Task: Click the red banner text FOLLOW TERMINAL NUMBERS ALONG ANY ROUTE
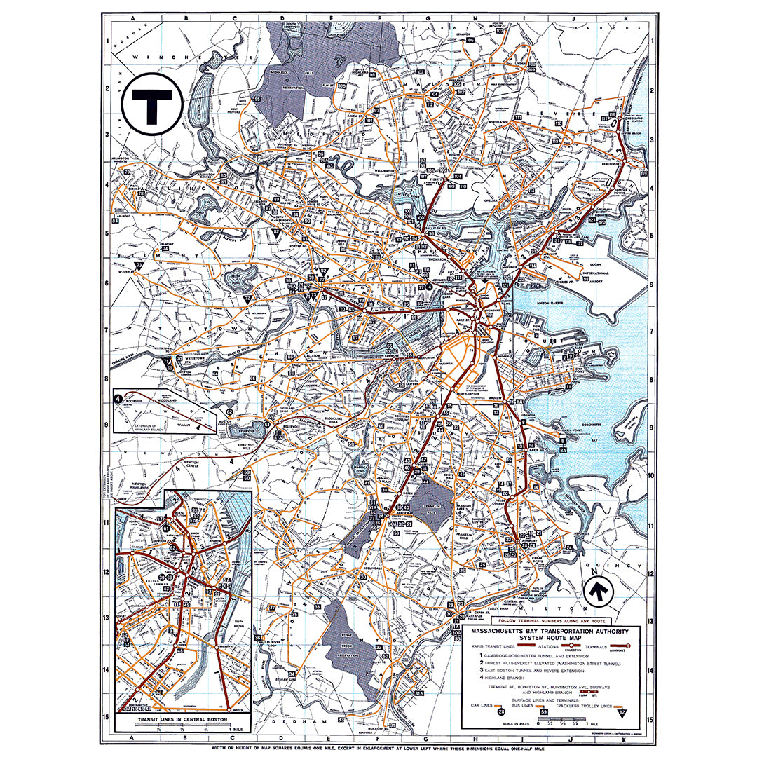[x=550, y=621]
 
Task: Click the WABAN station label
[x=184, y=423]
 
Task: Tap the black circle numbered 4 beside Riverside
[x=118, y=398]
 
